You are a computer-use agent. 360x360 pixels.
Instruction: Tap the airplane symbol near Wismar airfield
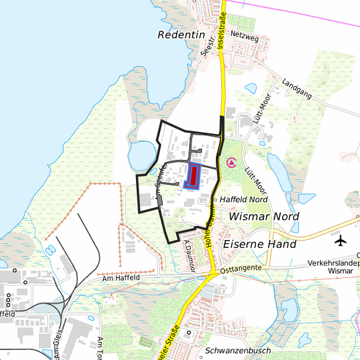click(x=342, y=239)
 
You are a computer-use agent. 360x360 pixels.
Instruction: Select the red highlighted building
click(x=193, y=176)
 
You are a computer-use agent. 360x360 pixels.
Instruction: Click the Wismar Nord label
click(x=264, y=217)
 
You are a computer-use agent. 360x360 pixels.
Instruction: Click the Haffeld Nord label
click(x=243, y=199)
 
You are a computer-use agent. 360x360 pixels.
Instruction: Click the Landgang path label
click(x=297, y=89)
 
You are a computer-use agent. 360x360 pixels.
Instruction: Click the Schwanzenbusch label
click(x=238, y=351)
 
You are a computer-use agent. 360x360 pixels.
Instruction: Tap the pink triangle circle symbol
click(x=231, y=162)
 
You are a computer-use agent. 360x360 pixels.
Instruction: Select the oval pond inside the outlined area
click(x=140, y=157)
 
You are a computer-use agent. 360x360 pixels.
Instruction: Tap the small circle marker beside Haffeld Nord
click(x=216, y=199)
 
